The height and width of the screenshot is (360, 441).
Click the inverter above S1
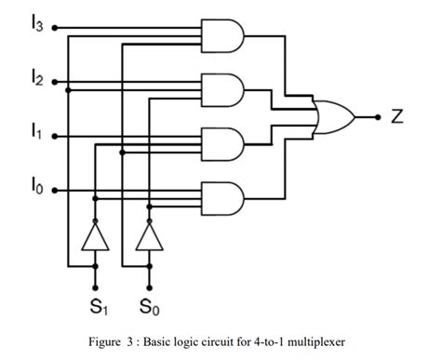point(95,238)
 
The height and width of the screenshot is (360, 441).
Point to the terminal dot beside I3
point(55,28)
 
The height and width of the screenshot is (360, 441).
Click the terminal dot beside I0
point(55,192)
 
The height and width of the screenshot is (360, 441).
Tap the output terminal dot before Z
point(378,117)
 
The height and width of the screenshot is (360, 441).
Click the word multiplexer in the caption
point(313,341)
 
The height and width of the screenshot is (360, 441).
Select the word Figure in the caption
point(114,341)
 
